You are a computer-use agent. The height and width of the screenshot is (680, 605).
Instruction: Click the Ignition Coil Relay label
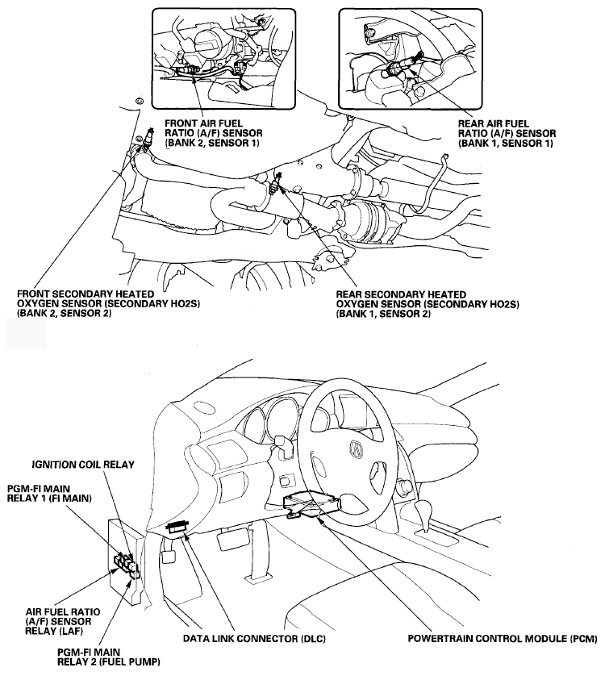pos(82,465)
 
